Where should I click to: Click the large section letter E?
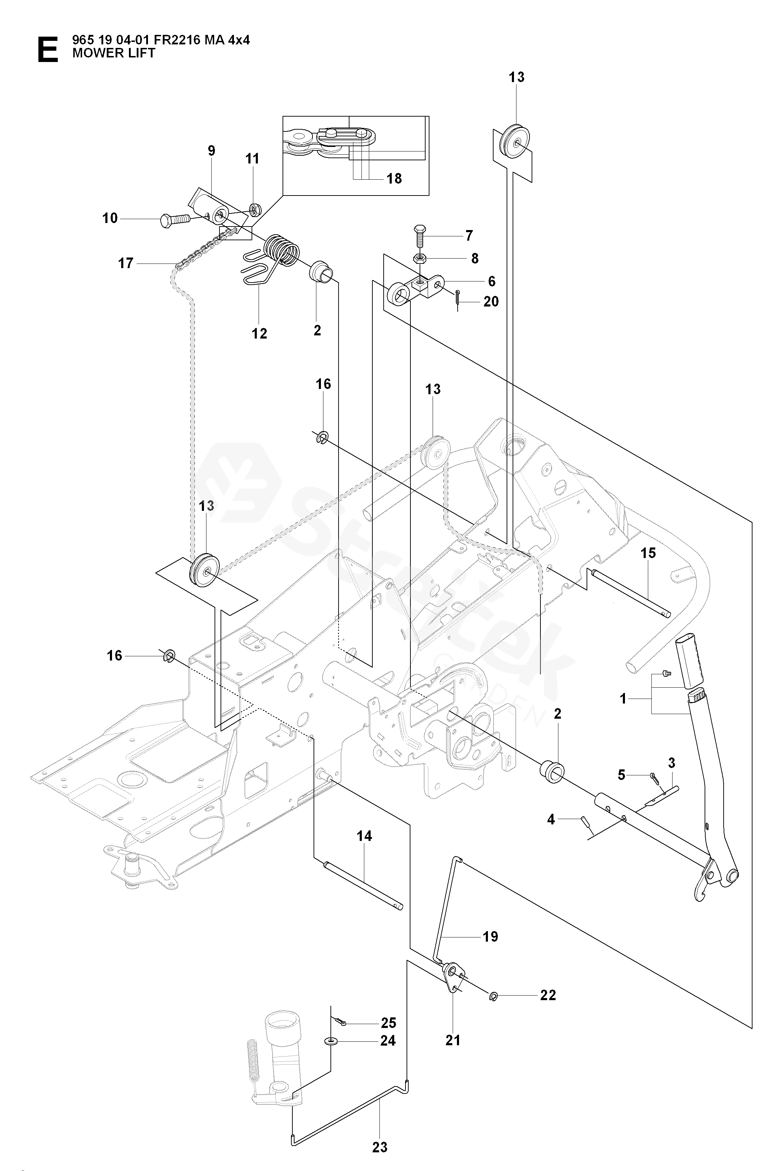click(x=47, y=50)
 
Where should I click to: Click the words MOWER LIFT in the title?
click(x=114, y=53)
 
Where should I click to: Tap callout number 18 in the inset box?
click(x=394, y=178)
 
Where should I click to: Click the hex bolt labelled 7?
click(x=419, y=236)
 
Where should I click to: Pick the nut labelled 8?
click(x=420, y=258)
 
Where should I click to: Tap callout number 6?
click(x=491, y=281)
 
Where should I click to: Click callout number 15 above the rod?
click(x=648, y=553)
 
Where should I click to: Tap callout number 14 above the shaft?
click(x=364, y=836)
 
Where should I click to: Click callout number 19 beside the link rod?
click(x=490, y=936)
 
